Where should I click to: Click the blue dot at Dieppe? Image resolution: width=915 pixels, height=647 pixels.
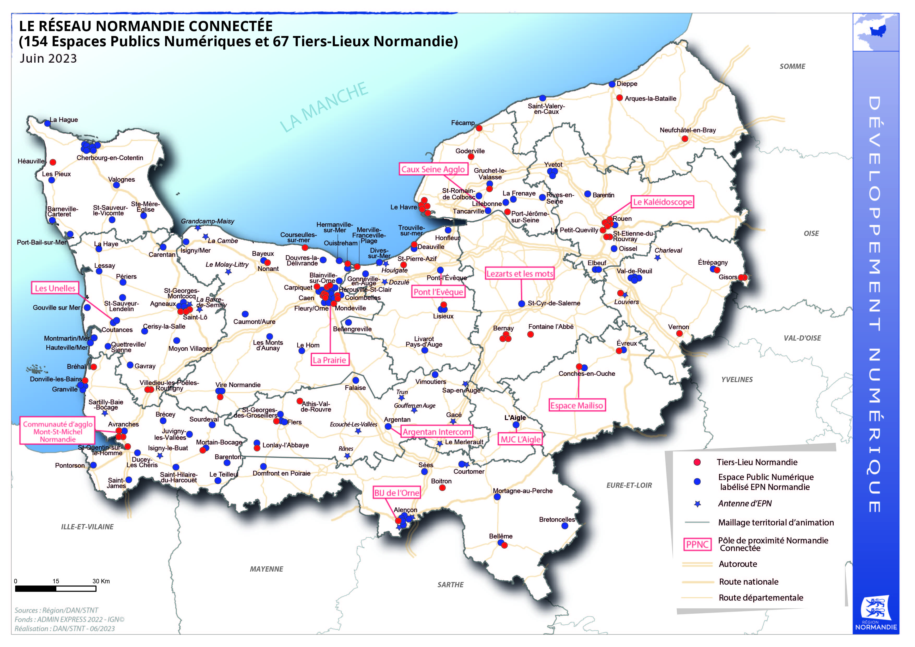tap(612, 84)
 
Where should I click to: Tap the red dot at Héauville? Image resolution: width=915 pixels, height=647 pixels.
tap(53, 162)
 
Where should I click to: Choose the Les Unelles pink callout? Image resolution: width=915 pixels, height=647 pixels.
tap(55, 288)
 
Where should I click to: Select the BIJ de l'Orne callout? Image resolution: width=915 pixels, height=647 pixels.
tap(396, 493)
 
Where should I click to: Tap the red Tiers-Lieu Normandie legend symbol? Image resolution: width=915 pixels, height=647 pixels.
tap(697, 462)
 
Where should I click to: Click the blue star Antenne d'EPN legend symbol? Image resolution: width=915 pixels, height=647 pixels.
tap(697, 504)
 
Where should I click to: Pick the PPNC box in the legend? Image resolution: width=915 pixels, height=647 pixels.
tap(697, 544)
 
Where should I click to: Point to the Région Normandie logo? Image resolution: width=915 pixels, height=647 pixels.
tap(876, 614)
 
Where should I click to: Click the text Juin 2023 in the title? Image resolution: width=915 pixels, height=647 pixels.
tap(48, 59)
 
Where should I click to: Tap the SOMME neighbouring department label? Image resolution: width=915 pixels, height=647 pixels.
tap(792, 67)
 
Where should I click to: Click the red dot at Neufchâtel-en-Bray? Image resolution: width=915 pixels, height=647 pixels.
tap(685, 139)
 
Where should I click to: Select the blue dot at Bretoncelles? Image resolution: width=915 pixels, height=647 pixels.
tap(565, 526)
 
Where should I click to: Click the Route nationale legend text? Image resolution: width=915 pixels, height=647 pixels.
tap(748, 582)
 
